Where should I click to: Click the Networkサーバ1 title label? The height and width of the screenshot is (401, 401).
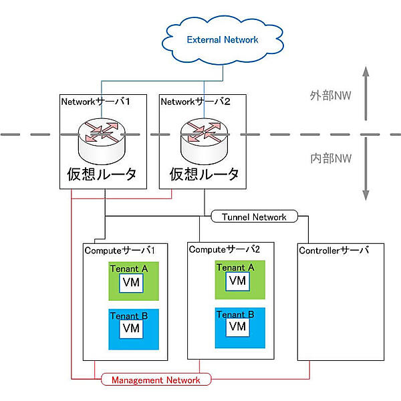(95, 102)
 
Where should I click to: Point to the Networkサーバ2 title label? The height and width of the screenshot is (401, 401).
(194, 102)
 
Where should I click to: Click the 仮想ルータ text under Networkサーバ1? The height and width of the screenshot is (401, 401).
(102, 174)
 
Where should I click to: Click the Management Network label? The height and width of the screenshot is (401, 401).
(156, 380)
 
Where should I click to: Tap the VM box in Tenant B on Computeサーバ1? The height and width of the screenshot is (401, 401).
(131, 328)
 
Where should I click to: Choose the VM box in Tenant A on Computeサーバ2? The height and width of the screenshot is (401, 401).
(237, 281)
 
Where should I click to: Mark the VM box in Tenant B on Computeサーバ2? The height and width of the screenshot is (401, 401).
(237, 327)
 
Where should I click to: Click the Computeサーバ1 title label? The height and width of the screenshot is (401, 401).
(120, 250)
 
